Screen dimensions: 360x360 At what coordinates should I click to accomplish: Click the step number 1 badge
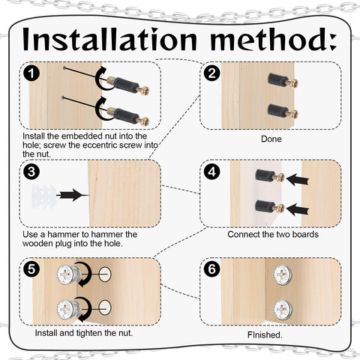click(x=31, y=73)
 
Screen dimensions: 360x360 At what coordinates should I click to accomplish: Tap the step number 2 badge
click(x=212, y=73)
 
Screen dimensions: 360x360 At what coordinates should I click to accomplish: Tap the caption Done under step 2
click(x=271, y=139)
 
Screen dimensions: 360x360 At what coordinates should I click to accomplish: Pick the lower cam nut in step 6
click(x=283, y=307)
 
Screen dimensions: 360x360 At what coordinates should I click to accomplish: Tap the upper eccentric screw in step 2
click(x=281, y=80)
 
